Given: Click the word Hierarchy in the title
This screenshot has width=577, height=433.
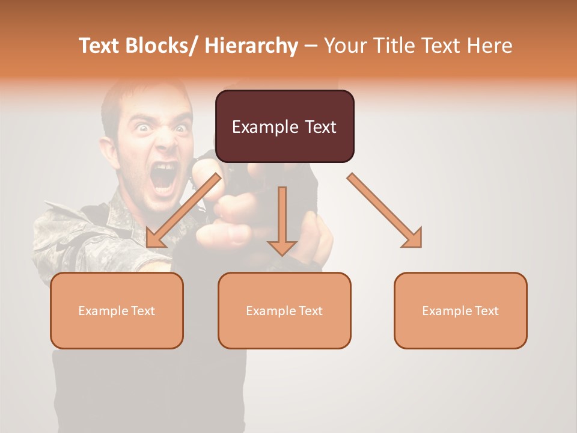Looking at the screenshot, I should (251, 46).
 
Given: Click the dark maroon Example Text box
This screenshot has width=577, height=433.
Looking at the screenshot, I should (284, 126).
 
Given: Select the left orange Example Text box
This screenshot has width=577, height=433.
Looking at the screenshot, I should (117, 310).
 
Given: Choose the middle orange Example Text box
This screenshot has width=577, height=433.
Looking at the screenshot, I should (284, 310).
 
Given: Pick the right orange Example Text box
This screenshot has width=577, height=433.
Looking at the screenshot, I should (460, 310).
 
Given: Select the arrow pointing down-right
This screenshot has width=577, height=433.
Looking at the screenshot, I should (385, 210).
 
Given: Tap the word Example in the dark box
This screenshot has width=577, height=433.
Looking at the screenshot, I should (257, 127).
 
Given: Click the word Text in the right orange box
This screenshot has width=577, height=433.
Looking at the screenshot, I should (486, 311).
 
